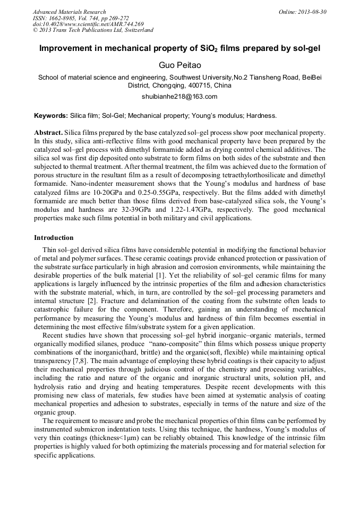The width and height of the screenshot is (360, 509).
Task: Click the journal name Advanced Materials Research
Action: pyautogui.click(x=69, y=12)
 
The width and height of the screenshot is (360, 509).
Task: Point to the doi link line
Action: pyautogui.click(x=88, y=24)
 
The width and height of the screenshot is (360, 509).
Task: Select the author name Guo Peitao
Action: pyautogui.click(x=180, y=65)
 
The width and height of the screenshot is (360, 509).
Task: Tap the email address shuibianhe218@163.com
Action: pyautogui.click(x=180, y=97)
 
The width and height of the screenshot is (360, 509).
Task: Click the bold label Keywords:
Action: pyautogui.click(x=51, y=115)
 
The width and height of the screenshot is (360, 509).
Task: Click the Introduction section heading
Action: pyautogui.click(x=54, y=237)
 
